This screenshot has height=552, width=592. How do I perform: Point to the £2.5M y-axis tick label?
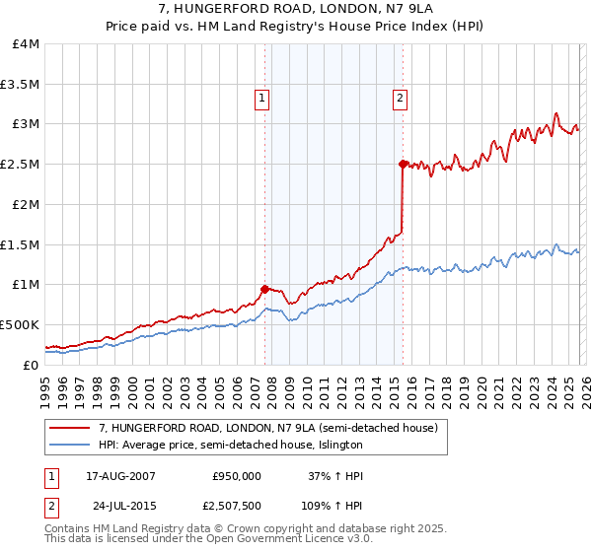20,165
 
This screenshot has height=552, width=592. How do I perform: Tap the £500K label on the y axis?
20,324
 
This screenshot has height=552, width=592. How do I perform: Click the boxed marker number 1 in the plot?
262,97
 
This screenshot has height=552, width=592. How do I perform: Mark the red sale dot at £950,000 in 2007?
264,289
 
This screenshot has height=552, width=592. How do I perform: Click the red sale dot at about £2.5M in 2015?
403,164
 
